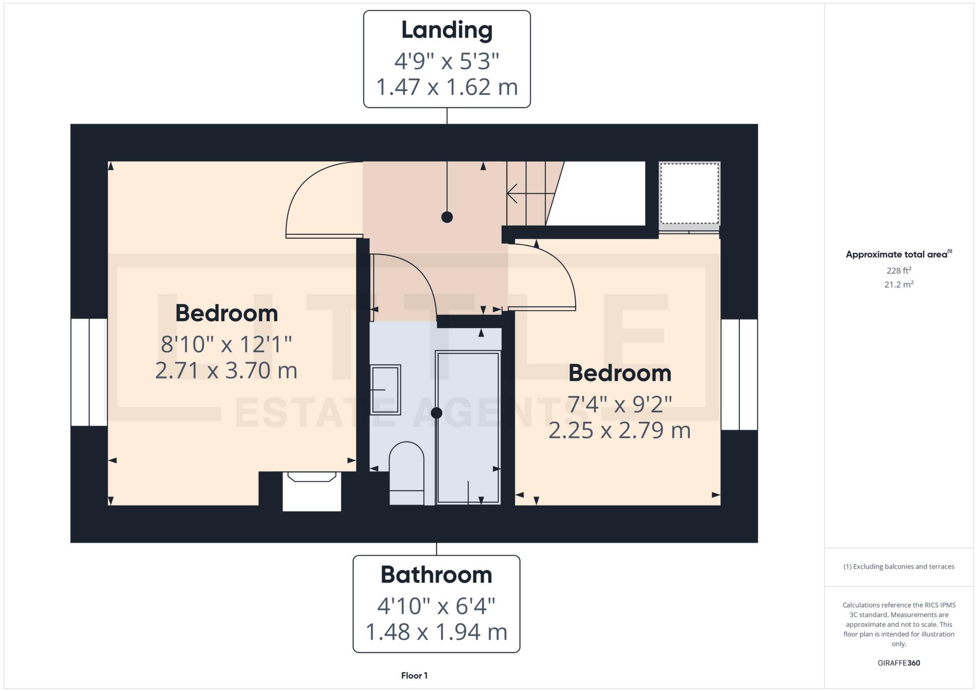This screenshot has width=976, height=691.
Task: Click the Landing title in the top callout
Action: (x=447, y=30)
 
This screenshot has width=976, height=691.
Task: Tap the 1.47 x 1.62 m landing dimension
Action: (x=447, y=87)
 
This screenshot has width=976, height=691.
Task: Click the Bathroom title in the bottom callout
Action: (x=436, y=575)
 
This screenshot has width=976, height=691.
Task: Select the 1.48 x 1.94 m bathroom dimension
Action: (x=436, y=632)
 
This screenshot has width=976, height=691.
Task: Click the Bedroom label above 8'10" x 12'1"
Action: (x=227, y=313)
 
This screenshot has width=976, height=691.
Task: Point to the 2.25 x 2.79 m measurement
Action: (x=619, y=431)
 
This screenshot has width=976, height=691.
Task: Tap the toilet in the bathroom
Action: (x=406, y=471)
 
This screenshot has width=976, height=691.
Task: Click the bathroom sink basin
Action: (x=385, y=390)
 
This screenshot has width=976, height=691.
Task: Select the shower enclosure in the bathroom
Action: (x=468, y=428)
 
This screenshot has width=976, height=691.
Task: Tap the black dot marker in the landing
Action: (x=447, y=217)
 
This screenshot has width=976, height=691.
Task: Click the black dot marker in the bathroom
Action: (x=436, y=413)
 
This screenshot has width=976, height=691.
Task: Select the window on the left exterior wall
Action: (x=89, y=372)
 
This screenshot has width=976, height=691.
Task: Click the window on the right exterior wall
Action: (x=739, y=374)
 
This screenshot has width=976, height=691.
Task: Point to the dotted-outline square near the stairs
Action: (x=689, y=193)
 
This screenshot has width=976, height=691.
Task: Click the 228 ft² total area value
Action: (x=899, y=270)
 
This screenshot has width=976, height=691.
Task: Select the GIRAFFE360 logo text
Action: (x=899, y=663)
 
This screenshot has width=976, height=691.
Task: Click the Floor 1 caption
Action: (x=414, y=676)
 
